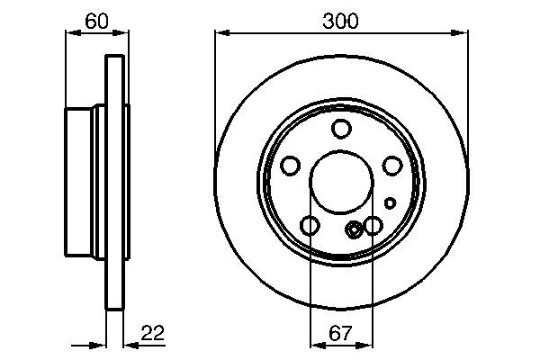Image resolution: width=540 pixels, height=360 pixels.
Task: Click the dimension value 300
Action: [341, 19]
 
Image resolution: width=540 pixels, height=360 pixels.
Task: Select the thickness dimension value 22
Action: [153, 333]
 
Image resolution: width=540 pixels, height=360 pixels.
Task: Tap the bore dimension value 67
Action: [340, 333]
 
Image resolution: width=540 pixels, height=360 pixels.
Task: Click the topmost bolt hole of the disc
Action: [340, 129]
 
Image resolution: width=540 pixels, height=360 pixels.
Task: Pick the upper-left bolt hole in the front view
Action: [291, 166]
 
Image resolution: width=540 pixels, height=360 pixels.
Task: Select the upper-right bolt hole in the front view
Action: [391, 166]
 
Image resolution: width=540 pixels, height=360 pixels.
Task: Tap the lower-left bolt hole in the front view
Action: [310, 226]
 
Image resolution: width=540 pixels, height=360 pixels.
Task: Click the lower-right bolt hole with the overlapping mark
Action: [371, 226]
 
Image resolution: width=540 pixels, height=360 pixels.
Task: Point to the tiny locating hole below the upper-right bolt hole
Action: [390, 202]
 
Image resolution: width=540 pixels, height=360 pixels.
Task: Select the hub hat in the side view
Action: [85, 183]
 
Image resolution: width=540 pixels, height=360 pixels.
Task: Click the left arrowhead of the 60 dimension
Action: [71, 33]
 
